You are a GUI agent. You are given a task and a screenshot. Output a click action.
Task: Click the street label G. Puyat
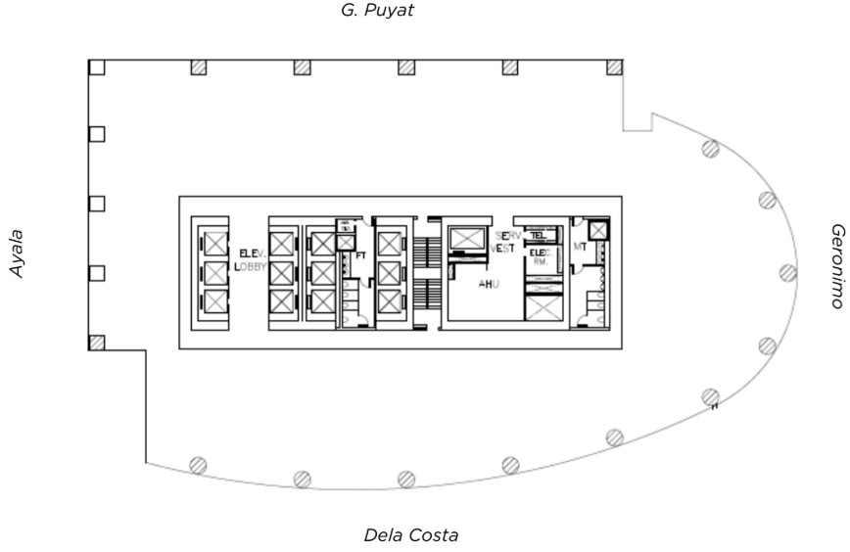pyautogui.click(x=378, y=13)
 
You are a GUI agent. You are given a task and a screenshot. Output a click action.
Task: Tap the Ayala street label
pyautogui.click(x=16, y=253)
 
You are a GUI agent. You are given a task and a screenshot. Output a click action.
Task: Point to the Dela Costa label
pyautogui.click(x=410, y=535)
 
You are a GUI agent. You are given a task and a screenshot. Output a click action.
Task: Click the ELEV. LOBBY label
pyautogui.click(x=252, y=259)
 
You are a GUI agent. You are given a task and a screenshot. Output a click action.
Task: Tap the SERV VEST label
pyautogui.click(x=503, y=242)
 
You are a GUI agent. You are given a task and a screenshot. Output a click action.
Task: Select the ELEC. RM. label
pyautogui.click(x=540, y=258)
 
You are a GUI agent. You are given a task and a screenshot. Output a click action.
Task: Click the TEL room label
pyautogui.click(x=538, y=236)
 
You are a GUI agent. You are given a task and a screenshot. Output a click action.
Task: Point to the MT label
pyautogui.click(x=579, y=248)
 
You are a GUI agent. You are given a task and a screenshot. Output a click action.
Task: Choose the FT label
pyautogui.click(x=360, y=256)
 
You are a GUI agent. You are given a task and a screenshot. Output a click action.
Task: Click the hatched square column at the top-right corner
pyautogui.click(x=614, y=67)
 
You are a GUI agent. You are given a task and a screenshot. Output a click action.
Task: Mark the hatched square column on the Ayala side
pyautogui.click(x=97, y=343)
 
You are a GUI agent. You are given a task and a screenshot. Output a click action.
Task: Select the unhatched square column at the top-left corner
pyautogui.click(x=96, y=67)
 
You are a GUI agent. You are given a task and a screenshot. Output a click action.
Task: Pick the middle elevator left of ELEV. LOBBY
pyautogui.click(x=212, y=271)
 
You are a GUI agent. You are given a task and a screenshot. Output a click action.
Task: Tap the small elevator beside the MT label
pyautogui.click(x=597, y=231)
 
